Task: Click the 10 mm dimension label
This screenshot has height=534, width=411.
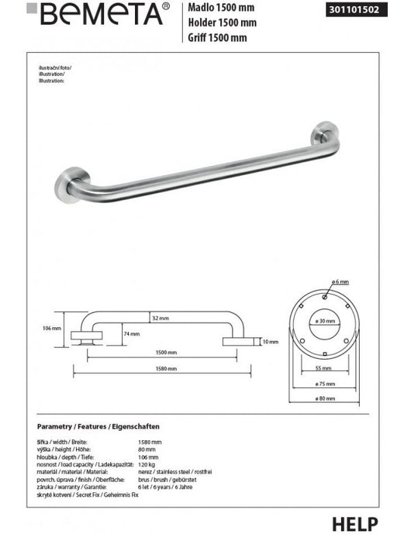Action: pyautogui.click(x=271, y=341)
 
